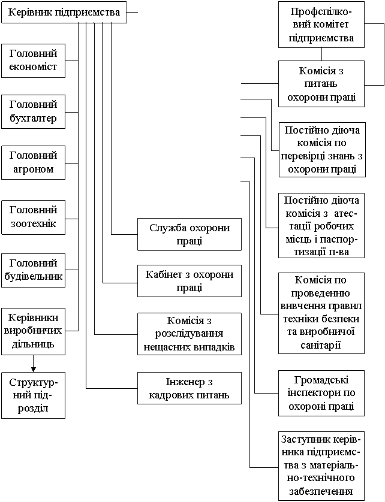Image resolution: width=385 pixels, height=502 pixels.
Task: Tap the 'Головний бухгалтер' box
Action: [x=33, y=111]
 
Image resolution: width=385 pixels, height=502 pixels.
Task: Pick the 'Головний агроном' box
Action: [x=33, y=162]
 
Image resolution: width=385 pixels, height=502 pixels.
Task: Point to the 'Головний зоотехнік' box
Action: [x=33, y=216]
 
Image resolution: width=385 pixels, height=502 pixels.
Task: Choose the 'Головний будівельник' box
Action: [x=33, y=270]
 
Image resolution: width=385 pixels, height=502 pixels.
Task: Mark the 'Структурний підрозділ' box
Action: [x=33, y=395]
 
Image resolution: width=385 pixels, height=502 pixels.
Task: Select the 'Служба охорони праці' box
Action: [x=189, y=234]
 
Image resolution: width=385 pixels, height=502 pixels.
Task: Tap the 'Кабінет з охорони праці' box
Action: [x=189, y=281]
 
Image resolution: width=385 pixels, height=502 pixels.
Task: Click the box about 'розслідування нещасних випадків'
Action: [x=189, y=334]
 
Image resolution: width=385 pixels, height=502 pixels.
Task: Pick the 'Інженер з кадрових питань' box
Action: [x=189, y=388]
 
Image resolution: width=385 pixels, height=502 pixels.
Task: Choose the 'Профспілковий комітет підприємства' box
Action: [x=321, y=26]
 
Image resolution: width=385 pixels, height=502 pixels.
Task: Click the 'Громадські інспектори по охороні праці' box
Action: [x=321, y=393]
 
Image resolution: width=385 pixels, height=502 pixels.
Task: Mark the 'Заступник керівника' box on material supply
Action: [x=321, y=465]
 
